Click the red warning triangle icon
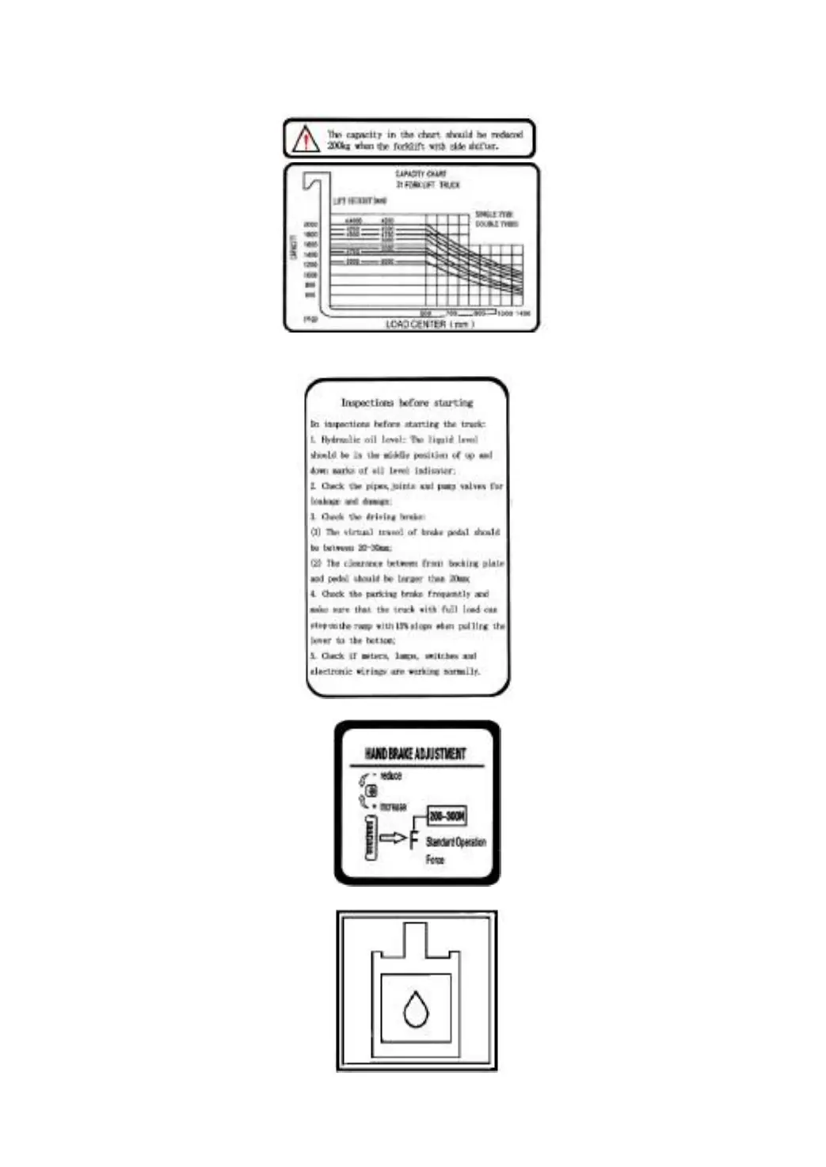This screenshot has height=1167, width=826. [306, 139]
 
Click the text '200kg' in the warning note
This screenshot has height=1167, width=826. [339, 146]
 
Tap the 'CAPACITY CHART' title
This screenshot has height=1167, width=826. [421, 173]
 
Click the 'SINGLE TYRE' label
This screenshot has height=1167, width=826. [494, 214]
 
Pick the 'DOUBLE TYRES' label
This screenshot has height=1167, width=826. [497, 224]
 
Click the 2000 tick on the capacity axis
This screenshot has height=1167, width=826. [310, 224]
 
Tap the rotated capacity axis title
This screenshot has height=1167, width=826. [294, 247]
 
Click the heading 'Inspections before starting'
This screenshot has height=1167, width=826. [406, 402]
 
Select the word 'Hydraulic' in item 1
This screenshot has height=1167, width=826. [341, 439]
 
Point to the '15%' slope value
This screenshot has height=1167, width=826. [402, 625]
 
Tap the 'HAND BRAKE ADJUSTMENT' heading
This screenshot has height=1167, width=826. [415, 753]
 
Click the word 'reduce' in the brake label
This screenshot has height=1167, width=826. [391, 776]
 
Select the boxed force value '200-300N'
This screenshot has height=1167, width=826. [447, 815]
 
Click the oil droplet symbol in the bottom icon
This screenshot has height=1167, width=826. [416, 1009]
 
